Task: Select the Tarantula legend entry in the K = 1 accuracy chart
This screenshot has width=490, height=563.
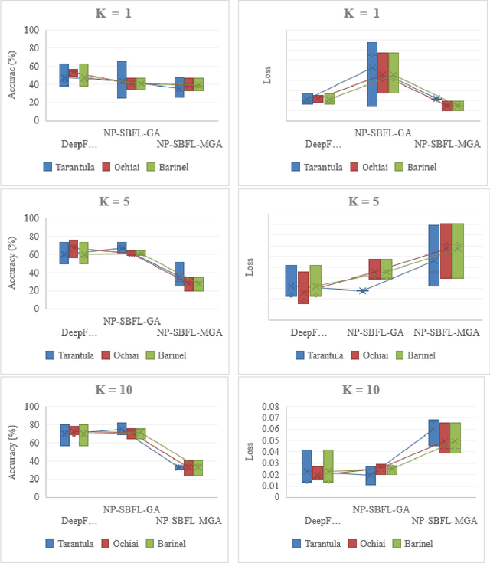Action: [x=68, y=167]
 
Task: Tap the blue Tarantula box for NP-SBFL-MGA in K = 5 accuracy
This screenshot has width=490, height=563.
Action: [x=179, y=273]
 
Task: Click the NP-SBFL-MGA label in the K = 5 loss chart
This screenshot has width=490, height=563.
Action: [x=446, y=332]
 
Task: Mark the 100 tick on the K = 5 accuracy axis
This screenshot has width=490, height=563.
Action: [x=32, y=218]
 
